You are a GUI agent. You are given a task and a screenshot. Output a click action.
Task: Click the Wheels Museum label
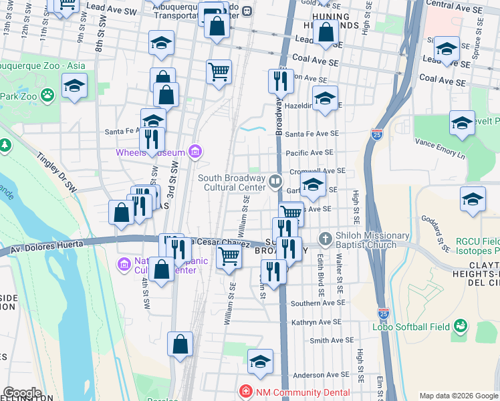click(150, 152)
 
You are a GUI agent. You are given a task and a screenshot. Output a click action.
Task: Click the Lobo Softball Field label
click(411, 327)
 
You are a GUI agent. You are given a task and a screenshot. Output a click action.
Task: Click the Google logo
click(23, 393)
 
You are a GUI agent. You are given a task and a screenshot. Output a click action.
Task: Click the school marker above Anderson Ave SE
click(260, 362)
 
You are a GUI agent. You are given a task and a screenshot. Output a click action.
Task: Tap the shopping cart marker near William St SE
click(229, 256)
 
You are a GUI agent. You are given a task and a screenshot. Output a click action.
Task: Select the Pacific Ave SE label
click(309, 153)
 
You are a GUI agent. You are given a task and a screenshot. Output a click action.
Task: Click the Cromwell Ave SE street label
click(317, 171)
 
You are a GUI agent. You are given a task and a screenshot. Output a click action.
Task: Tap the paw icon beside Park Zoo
click(47, 96)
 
